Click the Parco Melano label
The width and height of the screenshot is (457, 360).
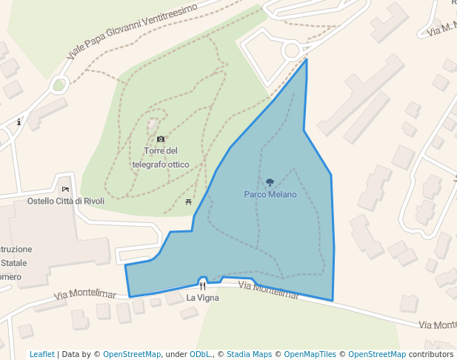coord(270,195)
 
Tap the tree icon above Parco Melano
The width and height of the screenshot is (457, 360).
coord(270,182)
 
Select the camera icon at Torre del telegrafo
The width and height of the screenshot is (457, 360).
coord(161,139)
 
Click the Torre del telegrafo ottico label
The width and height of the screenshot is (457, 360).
coord(161,157)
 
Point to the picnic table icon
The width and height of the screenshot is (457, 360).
coord(189,201)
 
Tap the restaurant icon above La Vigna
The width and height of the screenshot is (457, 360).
coord(202,285)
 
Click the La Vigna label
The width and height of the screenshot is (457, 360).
coord(202,298)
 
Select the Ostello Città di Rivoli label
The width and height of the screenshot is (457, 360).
coord(66,201)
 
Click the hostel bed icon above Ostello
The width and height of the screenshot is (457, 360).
coord(65,189)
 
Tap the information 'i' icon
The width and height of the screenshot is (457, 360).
coord(19,121)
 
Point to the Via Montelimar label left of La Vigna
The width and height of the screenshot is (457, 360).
coord(85,296)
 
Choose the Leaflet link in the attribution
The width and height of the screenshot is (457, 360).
coord(42,354)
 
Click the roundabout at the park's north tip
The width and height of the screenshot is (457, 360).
coord(292,50)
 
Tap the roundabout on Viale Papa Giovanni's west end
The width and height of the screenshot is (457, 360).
coord(59,84)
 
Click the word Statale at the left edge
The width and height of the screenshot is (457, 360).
coord(13,263)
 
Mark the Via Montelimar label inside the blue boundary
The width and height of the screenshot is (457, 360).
coord(269,290)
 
